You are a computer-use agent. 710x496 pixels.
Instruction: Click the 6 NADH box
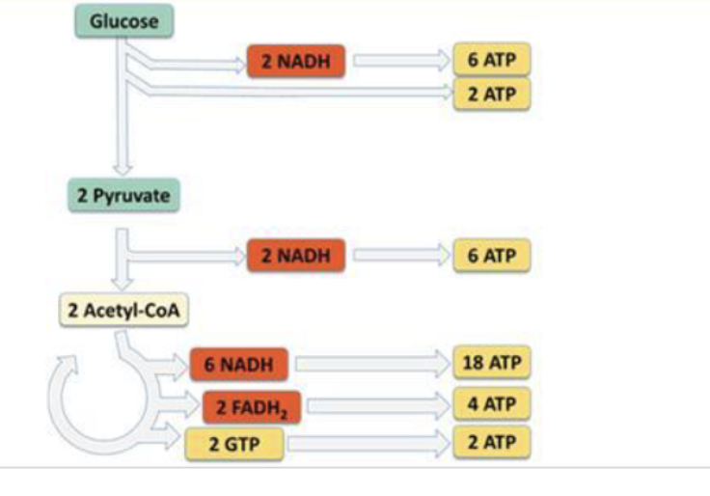coord(237,364)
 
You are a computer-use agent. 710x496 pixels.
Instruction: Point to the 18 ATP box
coord(492,364)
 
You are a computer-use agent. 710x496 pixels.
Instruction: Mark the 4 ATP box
coord(492,403)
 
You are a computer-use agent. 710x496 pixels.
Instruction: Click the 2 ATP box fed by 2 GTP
coord(492,443)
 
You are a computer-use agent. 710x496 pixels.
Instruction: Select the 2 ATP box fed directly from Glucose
coord(492,95)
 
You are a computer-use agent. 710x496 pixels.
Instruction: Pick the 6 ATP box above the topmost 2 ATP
coord(492,62)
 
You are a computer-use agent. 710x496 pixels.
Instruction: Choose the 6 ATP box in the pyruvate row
coord(492,256)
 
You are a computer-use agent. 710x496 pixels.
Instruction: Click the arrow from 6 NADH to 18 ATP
coord(371,364)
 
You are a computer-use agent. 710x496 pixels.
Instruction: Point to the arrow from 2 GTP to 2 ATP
coord(367,444)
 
